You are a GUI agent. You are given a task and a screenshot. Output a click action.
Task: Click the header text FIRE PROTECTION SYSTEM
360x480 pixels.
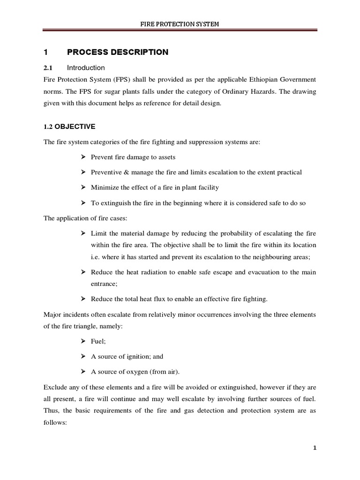coord(180,23)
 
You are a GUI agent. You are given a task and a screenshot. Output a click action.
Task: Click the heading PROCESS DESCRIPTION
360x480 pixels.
coord(117,52)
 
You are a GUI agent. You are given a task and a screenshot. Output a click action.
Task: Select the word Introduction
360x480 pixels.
coord(86,68)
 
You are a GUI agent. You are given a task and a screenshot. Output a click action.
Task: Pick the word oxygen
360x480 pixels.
coord(133,372)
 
